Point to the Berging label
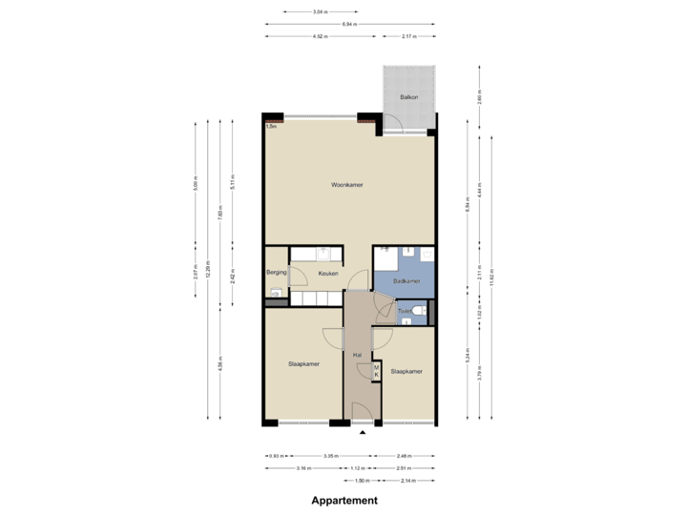[277, 273]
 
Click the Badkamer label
[406, 280]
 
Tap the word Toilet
[405, 312]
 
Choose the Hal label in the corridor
[357, 355]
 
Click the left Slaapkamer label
[303, 363]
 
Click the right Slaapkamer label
[406, 371]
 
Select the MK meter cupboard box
[376, 372]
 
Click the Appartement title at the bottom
[343, 500]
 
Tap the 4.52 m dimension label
[321, 36]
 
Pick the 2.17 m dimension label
[408, 36]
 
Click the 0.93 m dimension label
[277, 456]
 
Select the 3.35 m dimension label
[331, 456]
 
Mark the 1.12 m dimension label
[358, 468]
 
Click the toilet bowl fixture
[418, 312]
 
